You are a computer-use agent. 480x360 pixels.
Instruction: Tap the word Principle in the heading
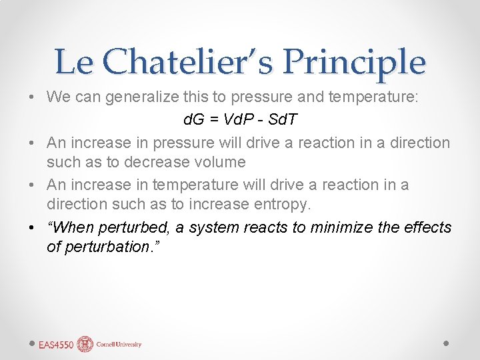(353, 62)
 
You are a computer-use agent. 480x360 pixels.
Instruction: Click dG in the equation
(194, 121)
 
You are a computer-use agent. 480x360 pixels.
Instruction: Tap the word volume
(219, 162)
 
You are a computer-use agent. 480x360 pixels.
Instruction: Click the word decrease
(158, 162)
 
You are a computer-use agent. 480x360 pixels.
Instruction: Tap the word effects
(427, 227)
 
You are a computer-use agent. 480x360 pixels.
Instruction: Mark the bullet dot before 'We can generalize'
(33, 98)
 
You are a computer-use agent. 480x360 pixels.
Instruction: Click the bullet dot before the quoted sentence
(33, 228)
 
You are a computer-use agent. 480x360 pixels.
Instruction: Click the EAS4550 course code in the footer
(56, 345)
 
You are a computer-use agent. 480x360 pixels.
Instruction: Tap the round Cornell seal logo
(85, 344)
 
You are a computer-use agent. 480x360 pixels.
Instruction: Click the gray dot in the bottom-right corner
(446, 343)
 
